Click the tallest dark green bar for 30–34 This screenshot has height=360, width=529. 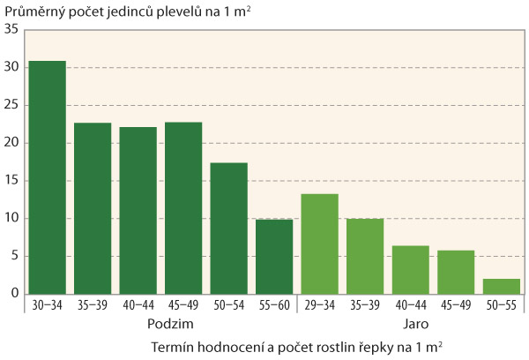[x=47, y=176]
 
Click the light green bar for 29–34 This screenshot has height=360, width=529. [x=320, y=244]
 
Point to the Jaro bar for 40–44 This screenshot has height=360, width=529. [x=411, y=269]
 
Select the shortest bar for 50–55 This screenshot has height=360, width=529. [x=502, y=286]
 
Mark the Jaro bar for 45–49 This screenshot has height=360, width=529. [x=456, y=272]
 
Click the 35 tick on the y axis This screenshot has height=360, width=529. [x=11, y=29]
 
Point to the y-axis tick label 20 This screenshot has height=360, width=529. [x=11, y=143]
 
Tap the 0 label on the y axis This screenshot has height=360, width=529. [x=15, y=294]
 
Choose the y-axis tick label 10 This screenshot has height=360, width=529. [x=11, y=219]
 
